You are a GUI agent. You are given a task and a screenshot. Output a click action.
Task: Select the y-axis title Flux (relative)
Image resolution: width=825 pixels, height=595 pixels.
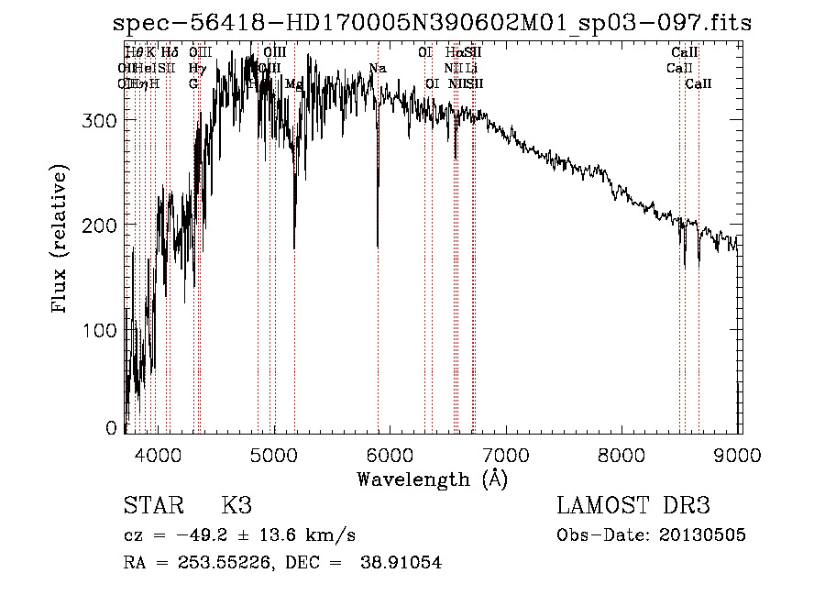[x=60, y=241]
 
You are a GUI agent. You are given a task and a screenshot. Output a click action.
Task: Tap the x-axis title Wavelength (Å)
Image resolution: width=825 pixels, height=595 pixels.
[x=432, y=479]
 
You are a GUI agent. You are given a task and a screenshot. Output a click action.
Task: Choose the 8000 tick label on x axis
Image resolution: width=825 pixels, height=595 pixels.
[x=622, y=454]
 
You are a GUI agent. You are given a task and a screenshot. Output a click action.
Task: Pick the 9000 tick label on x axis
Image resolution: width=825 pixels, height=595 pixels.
[x=738, y=454]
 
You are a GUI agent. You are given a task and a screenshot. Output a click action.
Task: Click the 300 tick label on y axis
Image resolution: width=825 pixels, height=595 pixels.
[x=103, y=120]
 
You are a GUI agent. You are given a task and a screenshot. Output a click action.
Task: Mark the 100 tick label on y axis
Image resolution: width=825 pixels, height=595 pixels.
[x=103, y=329]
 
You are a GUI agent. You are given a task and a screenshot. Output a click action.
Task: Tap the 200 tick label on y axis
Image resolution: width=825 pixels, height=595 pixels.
[x=103, y=225]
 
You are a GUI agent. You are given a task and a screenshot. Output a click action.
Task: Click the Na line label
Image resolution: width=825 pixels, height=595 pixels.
[x=377, y=69]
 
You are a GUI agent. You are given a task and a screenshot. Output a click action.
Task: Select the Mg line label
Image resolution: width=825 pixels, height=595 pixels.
[x=293, y=83]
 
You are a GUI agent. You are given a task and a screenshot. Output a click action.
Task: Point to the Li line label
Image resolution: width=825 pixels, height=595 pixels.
[x=471, y=68]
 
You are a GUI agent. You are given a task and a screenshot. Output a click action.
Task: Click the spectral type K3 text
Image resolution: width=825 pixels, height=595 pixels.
[x=236, y=506]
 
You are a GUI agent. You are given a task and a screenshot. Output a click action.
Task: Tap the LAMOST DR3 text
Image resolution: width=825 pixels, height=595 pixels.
[x=632, y=506]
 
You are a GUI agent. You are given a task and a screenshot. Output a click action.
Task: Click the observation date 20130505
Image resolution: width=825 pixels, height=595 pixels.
[x=702, y=535]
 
